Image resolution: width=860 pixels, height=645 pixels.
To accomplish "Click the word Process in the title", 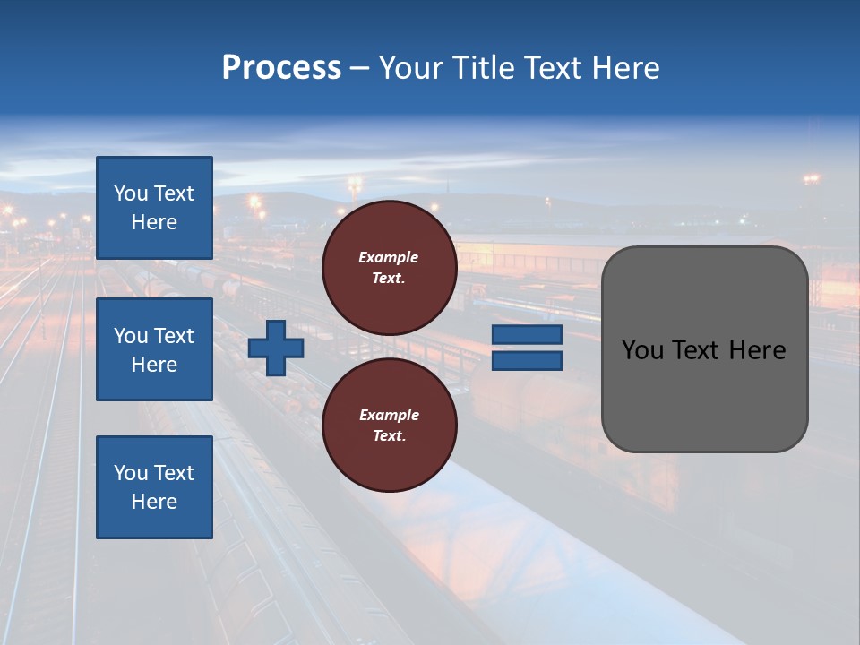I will [281, 68].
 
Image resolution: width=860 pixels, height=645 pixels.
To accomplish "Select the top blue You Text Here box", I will [154, 208].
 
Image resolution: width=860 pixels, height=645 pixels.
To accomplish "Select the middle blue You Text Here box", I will [154, 349].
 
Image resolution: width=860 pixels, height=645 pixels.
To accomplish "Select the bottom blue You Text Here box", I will [154, 486].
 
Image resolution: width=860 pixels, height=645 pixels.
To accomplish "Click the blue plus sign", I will [276, 348].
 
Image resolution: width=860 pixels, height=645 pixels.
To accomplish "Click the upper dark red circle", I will [390, 268].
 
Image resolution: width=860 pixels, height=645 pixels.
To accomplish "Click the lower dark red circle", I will [390, 425].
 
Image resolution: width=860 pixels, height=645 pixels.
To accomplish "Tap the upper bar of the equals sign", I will [528, 335].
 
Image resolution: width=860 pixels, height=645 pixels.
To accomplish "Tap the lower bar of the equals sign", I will [528, 361].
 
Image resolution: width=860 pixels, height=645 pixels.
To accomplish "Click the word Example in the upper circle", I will [389, 257].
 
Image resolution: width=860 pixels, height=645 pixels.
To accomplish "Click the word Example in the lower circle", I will [389, 415].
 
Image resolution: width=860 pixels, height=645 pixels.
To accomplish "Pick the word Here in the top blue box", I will [154, 222].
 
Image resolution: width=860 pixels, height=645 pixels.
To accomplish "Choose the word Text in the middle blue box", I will [174, 336].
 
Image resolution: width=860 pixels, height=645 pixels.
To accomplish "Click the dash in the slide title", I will [360, 69].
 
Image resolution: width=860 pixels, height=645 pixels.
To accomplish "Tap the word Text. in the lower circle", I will [389, 436].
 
